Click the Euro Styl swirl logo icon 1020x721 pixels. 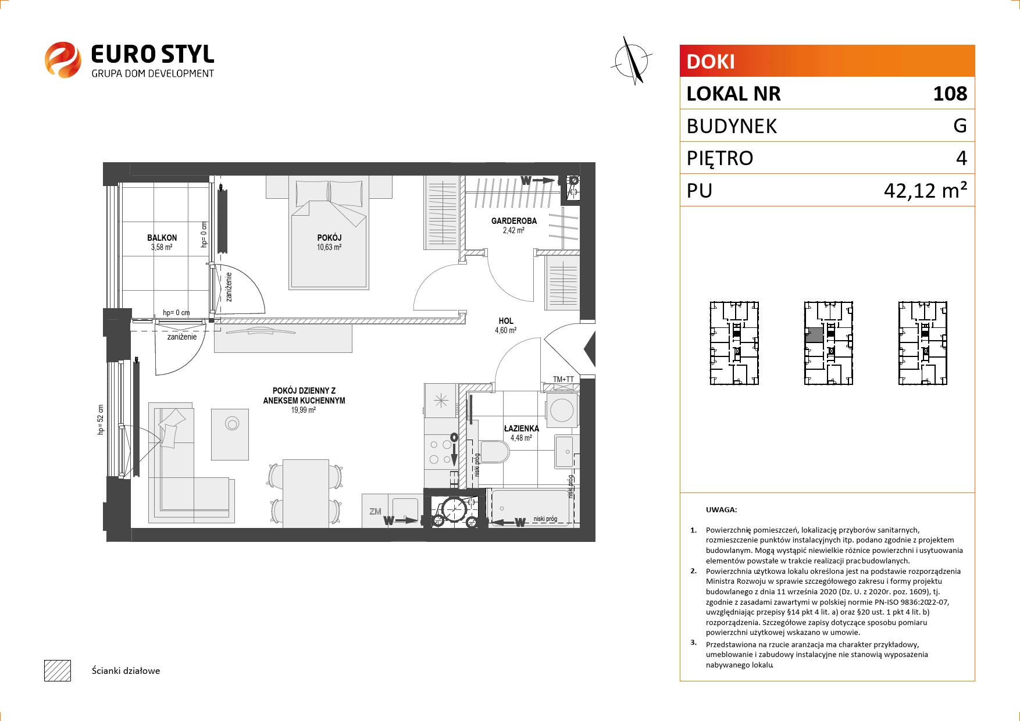click(x=63, y=59)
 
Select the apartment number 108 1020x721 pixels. click(x=950, y=94)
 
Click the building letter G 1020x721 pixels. click(x=960, y=126)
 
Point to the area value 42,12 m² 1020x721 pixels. click(x=925, y=190)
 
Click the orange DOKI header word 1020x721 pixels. click(x=711, y=62)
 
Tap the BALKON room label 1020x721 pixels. click(x=162, y=238)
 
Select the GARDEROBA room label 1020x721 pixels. click(x=514, y=221)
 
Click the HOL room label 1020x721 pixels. click(x=506, y=321)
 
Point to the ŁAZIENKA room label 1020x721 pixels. click(x=521, y=429)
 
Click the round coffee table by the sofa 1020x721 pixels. click(x=232, y=424)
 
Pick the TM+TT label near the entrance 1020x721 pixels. click(x=563, y=380)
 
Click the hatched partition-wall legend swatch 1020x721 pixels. click(x=58, y=670)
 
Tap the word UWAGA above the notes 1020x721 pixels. click(x=721, y=510)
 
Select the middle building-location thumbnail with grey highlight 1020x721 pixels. click(x=829, y=343)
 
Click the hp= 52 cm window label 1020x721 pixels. click(x=101, y=420)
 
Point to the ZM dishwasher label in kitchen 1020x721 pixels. click(x=375, y=512)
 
